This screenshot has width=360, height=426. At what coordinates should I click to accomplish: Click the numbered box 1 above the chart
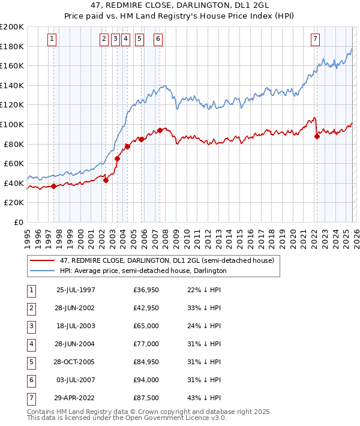pyautogui.click(x=52, y=40)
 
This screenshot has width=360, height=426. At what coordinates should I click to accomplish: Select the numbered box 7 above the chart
pyautogui.click(x=316, y=40)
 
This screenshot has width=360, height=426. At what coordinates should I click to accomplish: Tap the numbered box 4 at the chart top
pyautogui.click(x=125, y=40)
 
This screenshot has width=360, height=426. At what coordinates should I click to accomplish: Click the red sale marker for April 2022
pyautogui.click(x=317, y=136)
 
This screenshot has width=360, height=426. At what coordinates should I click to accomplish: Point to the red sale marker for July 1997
pyautogui.click(x=54, y=186)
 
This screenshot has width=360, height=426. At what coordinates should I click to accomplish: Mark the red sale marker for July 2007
pyautogui.click(x=160, y=130)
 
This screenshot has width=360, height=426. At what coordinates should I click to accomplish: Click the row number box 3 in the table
pyautogui.click(x=31, y=326)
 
